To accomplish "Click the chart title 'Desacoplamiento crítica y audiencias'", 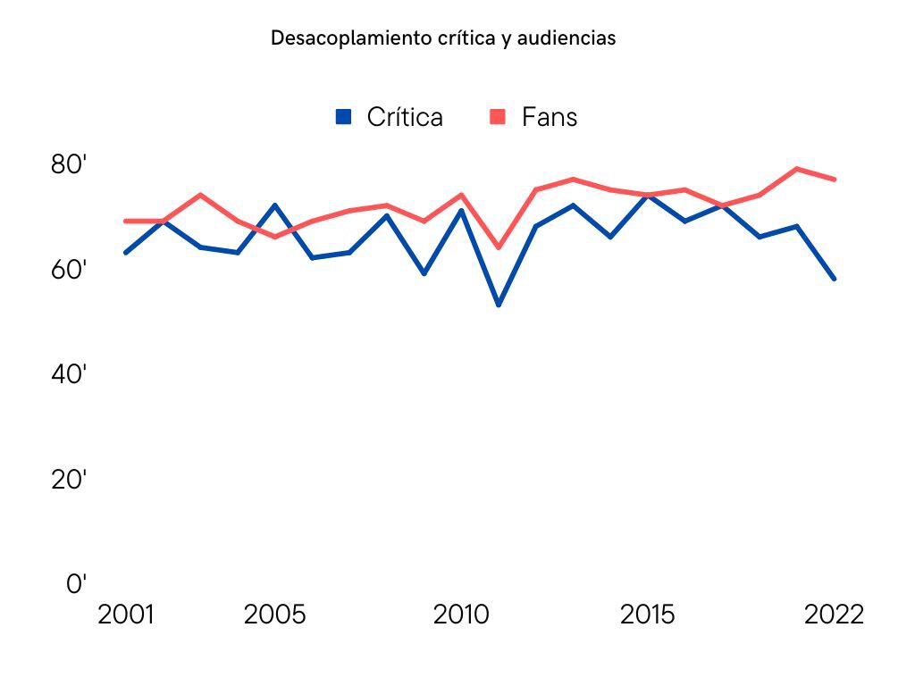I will click(443, 38).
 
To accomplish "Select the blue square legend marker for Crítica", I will click(344, 116).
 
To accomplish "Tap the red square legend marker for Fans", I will click(499, 116).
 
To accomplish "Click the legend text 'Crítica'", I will click(405, 117).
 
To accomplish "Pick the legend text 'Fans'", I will click(550, 117).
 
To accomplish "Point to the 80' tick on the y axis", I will click(69, 164).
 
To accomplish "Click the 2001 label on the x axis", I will click(125, 615).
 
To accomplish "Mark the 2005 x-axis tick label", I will click(274, 615).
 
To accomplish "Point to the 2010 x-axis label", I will click(462, 615).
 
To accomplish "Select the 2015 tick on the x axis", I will click(648, 615).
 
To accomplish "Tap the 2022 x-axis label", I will click(834, 615).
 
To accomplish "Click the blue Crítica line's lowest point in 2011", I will click(499, 305).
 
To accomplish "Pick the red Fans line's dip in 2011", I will click(499, 247).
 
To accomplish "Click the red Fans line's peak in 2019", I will click(796, 169).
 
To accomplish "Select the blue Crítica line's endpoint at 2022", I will click(834, 279).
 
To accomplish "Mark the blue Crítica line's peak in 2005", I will click(275, 205).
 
